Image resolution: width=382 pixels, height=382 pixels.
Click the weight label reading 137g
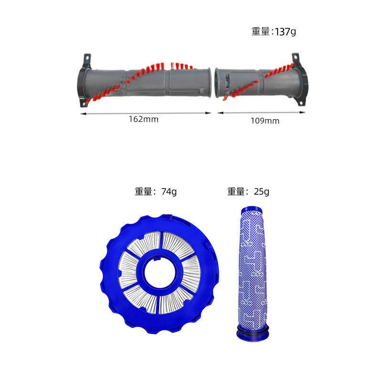coord(274,32)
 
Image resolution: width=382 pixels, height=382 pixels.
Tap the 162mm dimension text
coord(144,119)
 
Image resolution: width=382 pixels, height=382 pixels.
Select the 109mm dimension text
coord(265,121)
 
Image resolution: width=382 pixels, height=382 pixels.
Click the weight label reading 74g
coord(156,191)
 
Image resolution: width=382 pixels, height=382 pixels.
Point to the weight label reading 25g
coord(248,191)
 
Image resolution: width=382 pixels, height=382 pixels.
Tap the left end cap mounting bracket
coord(84,80)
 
